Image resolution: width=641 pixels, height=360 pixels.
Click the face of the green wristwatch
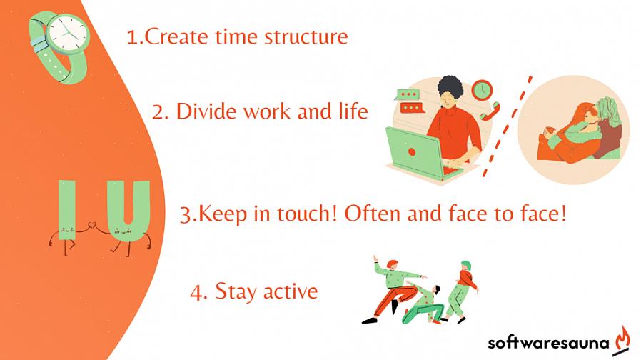tap(67, 34)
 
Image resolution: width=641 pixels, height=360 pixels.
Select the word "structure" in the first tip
tap(306, 37)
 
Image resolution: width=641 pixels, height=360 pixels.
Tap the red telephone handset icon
tap(490, 111)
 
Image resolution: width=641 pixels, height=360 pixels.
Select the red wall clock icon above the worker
tap(482, 91)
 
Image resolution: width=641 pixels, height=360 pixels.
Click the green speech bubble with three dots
tap(408, 94)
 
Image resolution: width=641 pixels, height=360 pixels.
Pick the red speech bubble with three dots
tap(412, 108)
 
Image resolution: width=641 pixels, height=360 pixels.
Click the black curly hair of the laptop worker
tap(450, 86)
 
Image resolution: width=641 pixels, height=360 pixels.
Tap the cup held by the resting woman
tap(550, 131)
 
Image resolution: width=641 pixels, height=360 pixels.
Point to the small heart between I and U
tap(93, 224)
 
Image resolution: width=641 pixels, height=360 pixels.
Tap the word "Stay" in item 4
tap(237, 292)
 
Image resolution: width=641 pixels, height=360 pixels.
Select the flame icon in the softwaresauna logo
tap(622, 339)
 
